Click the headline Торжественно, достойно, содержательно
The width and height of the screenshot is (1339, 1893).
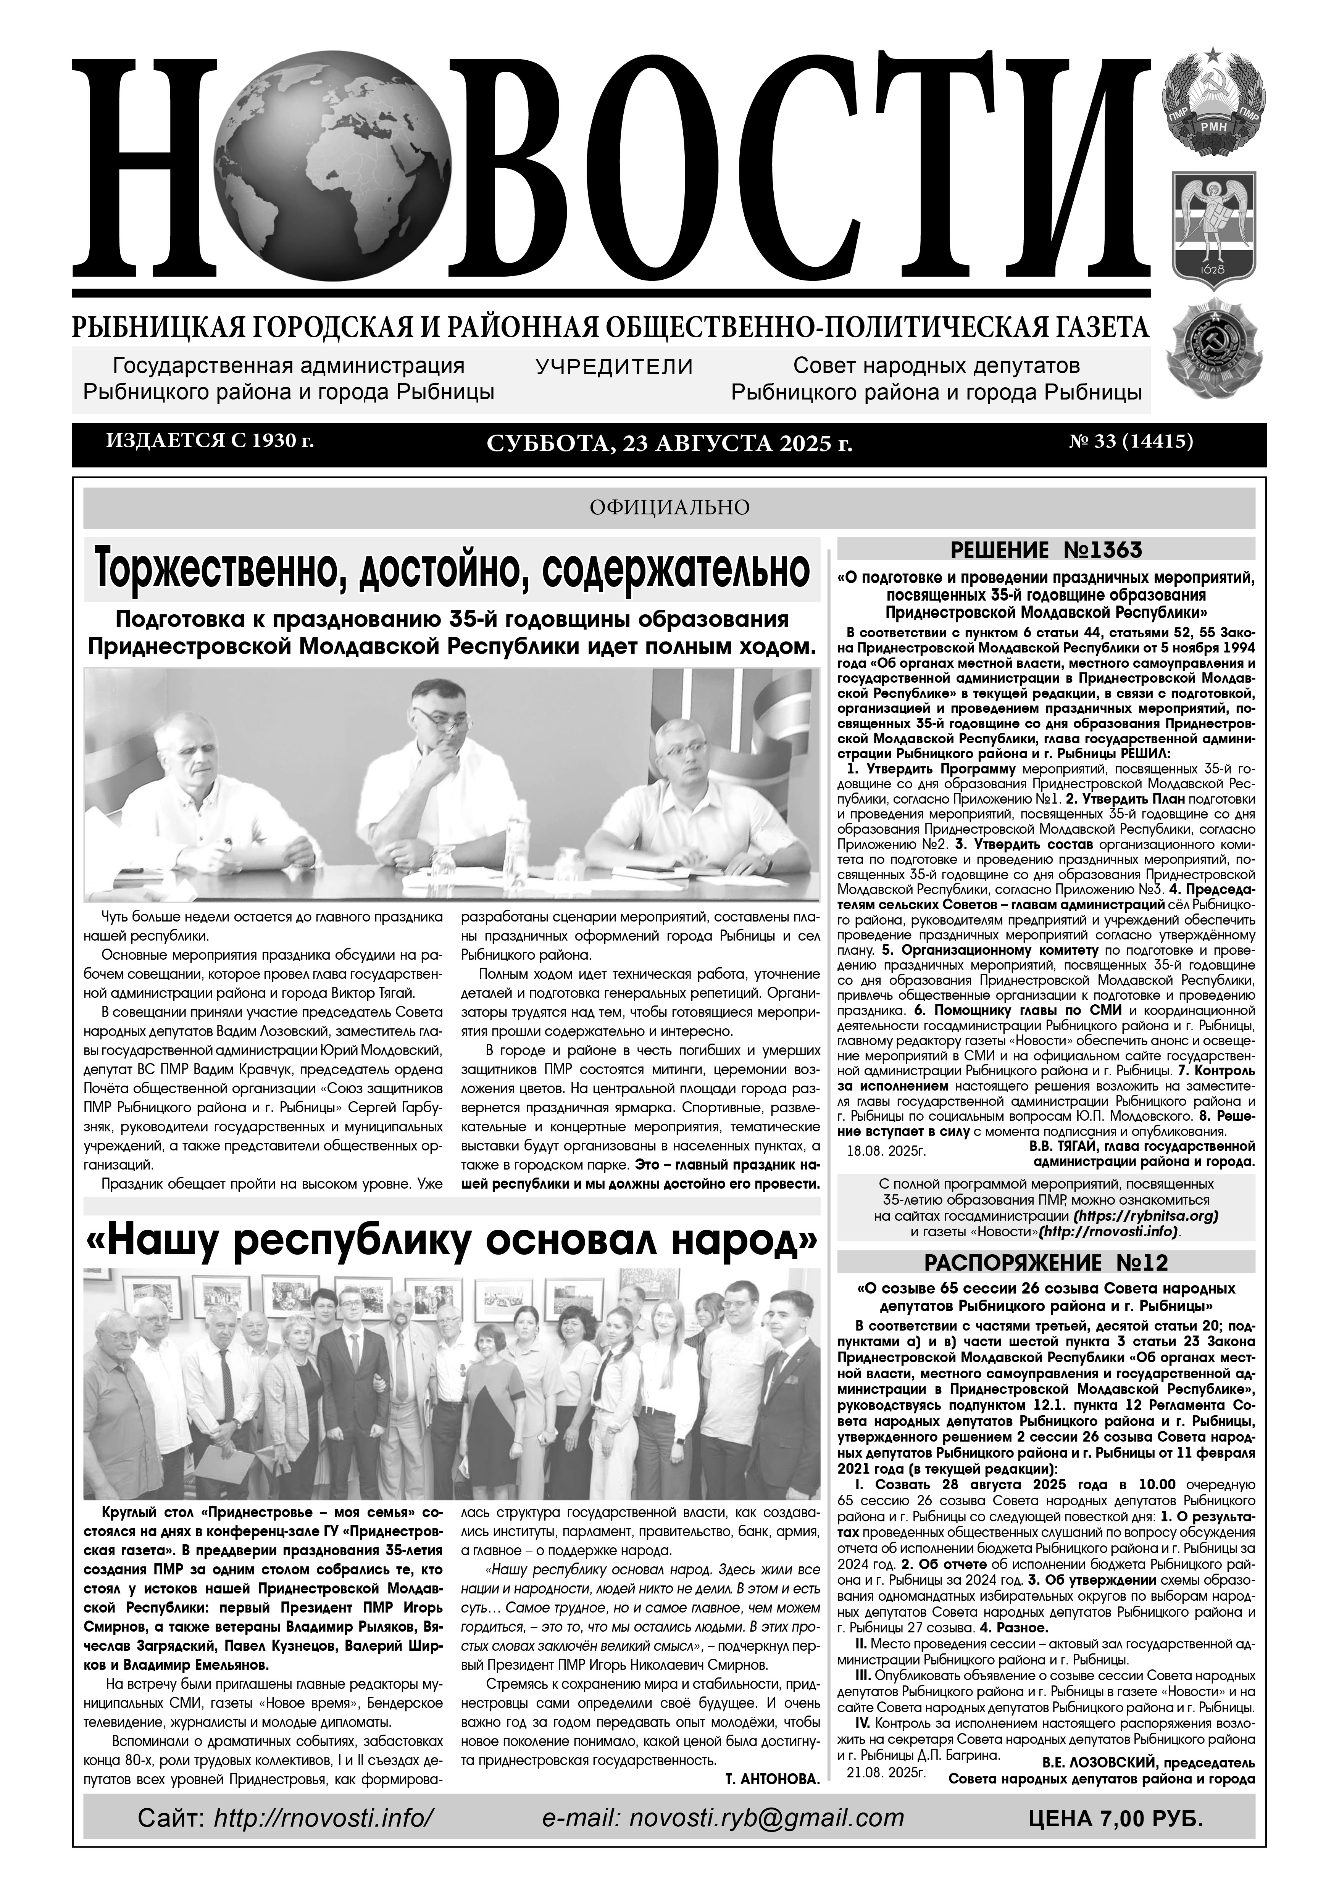coord(452,569)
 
